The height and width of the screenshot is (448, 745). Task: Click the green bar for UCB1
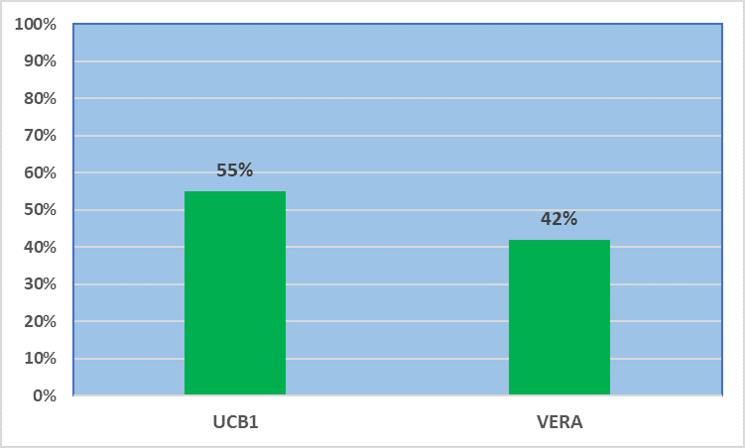(x=235, y=292)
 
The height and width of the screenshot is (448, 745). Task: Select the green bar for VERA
(x=559, y=317)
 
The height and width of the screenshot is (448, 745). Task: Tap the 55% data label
(x=235, y=170)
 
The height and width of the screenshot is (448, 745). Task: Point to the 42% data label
(x=559, y=219)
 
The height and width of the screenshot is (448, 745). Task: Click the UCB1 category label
(x=235, y=422)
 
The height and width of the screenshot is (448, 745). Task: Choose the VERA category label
(x=559, y=422)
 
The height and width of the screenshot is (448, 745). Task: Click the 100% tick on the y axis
(x=35, y=24)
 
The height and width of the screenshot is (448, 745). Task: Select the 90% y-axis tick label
(x=40, y=61)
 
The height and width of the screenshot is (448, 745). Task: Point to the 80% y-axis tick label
(x=40, y=99)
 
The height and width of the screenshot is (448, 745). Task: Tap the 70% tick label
(x=40, y=136)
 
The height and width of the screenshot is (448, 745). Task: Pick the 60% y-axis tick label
(x=40, y=172)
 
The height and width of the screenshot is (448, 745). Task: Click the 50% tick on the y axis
(x=40, y=210)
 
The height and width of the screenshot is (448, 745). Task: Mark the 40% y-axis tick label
(x=40, y=247)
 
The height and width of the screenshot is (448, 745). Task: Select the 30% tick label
(x=40, y=284)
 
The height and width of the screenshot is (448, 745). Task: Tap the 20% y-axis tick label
(x=40, y=321)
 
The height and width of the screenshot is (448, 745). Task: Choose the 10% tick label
(x=40, y=359)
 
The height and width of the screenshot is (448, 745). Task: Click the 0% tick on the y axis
(x=45, y=395)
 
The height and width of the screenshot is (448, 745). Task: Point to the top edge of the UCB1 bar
(x=235, y=191)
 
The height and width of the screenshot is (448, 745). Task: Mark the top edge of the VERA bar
(x=559, y=240)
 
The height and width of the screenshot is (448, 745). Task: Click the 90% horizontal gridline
(x=398, y=61)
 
